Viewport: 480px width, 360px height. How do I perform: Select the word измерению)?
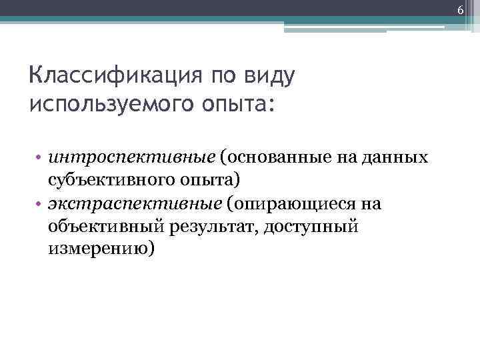pos(101,249)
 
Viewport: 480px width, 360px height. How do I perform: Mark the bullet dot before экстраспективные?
pos(40,204)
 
